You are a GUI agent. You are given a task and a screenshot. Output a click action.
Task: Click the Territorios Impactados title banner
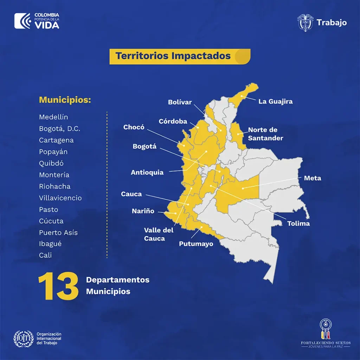click(x=180, y=56)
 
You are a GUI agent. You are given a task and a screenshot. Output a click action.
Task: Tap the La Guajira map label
click(x=275, y=102)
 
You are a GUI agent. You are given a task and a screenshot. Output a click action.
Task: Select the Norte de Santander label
click(x=265, y=134)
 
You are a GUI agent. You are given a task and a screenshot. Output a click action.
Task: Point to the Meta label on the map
click(x=312, y=178)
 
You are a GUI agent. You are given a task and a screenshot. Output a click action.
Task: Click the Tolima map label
click(x=298, y=224)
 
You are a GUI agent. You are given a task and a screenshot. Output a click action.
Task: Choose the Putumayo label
click(x=196, y=244)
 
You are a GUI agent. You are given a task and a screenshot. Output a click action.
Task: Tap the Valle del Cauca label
click(x=159, y=234)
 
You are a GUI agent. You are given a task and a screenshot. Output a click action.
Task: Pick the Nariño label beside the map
click(x=143, y=211)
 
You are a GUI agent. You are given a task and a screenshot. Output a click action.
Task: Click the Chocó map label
click(x=134, y=127)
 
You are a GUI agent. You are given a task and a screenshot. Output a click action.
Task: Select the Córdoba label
click(x=173, y=121)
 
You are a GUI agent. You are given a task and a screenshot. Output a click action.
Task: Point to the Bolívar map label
click(x=180, y=102)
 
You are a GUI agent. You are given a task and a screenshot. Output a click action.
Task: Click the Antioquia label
click(x=147, y=172)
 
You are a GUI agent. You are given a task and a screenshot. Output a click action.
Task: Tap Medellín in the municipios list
click(x=53, y=117)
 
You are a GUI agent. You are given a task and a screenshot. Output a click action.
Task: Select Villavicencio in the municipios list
click(x=60, y=198)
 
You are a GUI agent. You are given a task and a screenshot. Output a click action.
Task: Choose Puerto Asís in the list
click(x=58, y=233)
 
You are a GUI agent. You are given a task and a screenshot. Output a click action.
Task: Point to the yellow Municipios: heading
click(x=65, y=100)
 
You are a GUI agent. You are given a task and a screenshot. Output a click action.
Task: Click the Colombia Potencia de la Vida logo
click(x=37, y=21)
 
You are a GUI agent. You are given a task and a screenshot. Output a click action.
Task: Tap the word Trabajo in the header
click(x=332, y=22)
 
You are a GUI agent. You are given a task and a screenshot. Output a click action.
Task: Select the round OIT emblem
click(x=23, y=338)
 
